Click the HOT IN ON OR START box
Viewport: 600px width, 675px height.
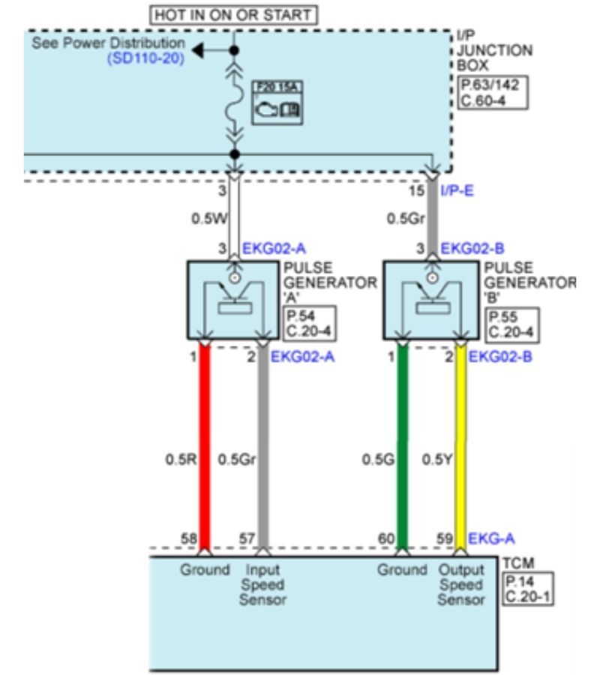(233, 14)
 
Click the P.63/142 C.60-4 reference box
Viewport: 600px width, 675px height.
(493, 92)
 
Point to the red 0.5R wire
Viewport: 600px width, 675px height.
(204, 450)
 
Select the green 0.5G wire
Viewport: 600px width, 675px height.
(403, 450)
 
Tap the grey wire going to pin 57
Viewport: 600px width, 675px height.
(263, 450)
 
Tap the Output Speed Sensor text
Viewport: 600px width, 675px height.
(461, 585)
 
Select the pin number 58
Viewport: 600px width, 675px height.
(188, 538)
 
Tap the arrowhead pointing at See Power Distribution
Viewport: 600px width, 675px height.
(198, 50)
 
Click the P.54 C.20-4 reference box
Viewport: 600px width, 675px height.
(306, 324)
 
